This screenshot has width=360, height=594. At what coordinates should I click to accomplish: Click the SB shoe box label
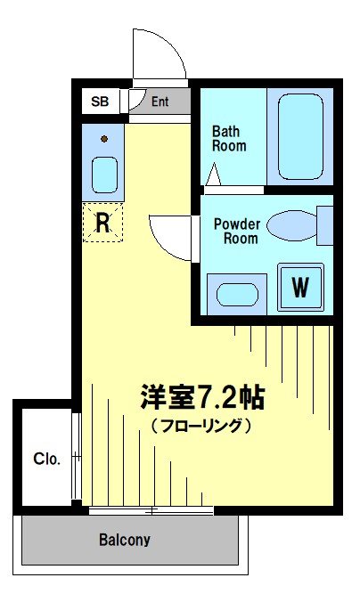[100, 102]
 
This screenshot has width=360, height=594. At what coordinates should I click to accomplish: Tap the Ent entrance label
[160, 102]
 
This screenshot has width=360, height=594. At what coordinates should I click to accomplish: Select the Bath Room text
[229, 138]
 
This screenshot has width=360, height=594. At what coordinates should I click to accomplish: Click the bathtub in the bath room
[300, 136]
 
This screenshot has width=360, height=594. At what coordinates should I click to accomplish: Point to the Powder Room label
[236, 231]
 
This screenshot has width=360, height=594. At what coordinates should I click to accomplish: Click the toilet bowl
[291, 224]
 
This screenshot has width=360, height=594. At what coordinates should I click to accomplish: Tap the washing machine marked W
[300, 287]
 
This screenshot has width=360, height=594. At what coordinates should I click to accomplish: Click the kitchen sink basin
[104, 174]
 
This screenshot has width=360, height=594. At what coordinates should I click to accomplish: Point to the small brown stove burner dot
[104, 138]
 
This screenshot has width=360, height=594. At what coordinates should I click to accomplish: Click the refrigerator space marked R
[102, 223]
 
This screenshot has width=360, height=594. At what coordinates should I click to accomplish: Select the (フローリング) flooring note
[201, 425]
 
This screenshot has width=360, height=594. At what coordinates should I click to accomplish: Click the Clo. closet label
[46, 460]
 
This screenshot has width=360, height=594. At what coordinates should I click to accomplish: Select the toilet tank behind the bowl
[325, 224]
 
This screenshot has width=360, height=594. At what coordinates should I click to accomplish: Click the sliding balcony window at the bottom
[151, 511]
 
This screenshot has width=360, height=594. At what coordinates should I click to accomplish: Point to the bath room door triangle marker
[214, 175]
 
